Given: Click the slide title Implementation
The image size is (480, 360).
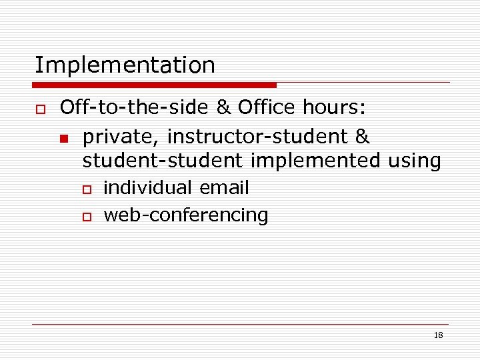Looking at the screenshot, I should pos(125,65).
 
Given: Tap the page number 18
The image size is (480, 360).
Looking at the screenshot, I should pos(438,335).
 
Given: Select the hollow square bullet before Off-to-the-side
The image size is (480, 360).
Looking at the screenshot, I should pos(38,108).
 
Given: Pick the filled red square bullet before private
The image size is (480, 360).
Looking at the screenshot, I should pos(63,139).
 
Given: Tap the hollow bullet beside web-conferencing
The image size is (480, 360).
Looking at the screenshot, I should pos(86,217).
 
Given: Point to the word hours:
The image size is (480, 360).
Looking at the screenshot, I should pos(334,107).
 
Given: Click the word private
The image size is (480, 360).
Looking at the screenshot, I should pos(121,137).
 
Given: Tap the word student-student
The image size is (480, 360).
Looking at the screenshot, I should pos(163,161).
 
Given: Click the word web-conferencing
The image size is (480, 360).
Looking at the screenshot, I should pos(186,215).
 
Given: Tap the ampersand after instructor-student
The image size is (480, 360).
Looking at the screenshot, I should pos(363,137).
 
